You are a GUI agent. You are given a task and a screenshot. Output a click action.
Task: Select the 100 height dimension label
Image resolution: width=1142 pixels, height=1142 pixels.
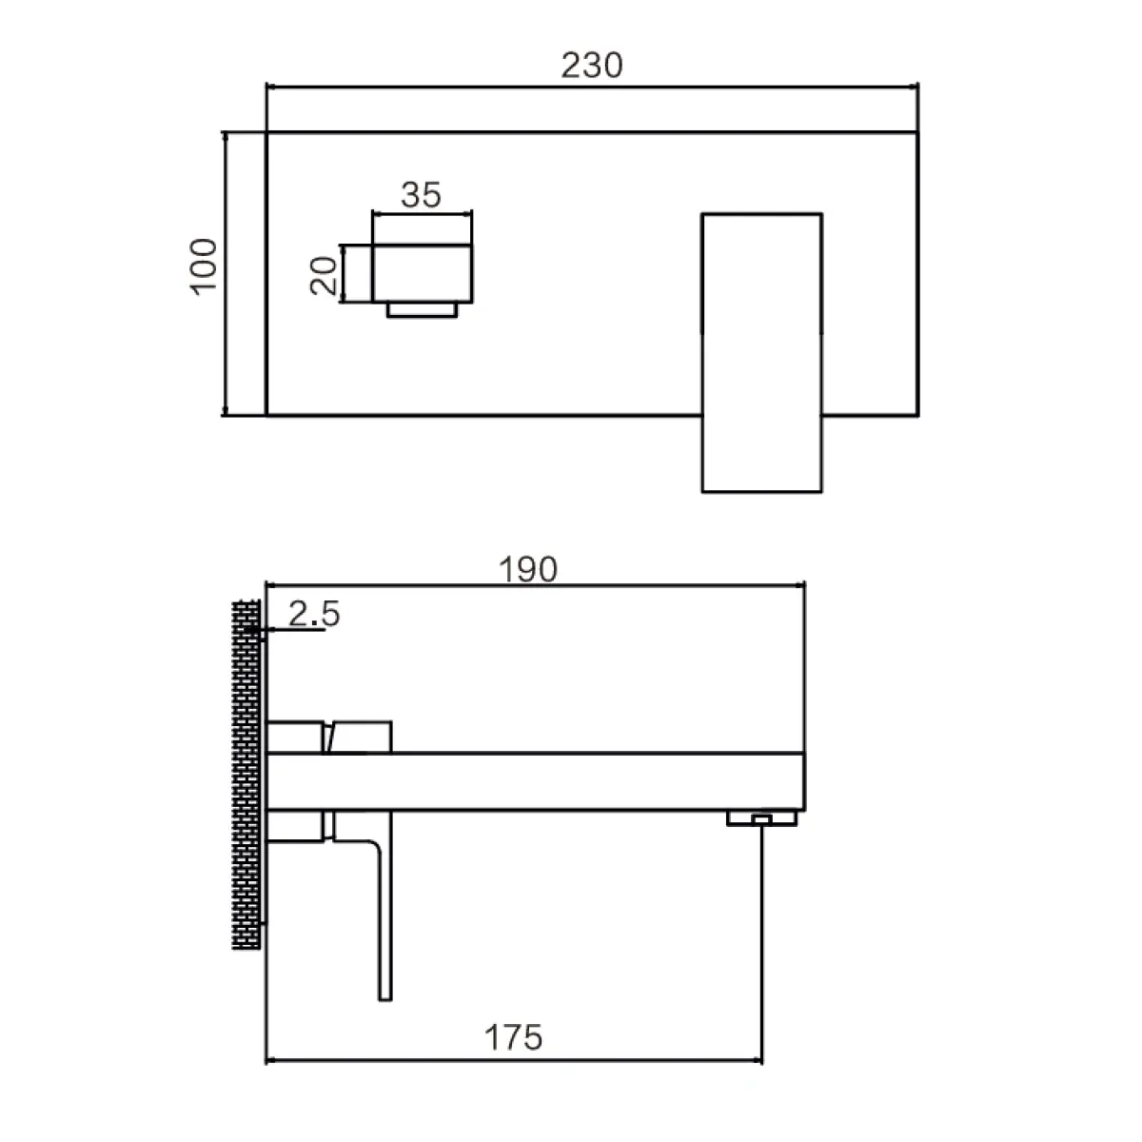click(205, 266)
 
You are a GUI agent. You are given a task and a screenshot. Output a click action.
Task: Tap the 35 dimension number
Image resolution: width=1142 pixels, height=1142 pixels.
click(421, 195)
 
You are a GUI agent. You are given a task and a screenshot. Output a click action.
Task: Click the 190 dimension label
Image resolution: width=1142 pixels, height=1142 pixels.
click(530, 568)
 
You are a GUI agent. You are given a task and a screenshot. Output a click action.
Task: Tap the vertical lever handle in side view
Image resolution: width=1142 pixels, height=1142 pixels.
click(384, 914)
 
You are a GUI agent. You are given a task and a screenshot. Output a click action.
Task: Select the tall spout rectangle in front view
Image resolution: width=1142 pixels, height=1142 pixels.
click(761, 352)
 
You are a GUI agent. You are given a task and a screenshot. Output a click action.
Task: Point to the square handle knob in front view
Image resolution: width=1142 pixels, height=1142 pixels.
click(423, 273)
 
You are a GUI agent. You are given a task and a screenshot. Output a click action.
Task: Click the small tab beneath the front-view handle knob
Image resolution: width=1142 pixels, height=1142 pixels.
click(423, 310)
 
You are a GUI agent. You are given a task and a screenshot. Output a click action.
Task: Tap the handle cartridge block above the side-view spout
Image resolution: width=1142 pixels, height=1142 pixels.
click(360, 737)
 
